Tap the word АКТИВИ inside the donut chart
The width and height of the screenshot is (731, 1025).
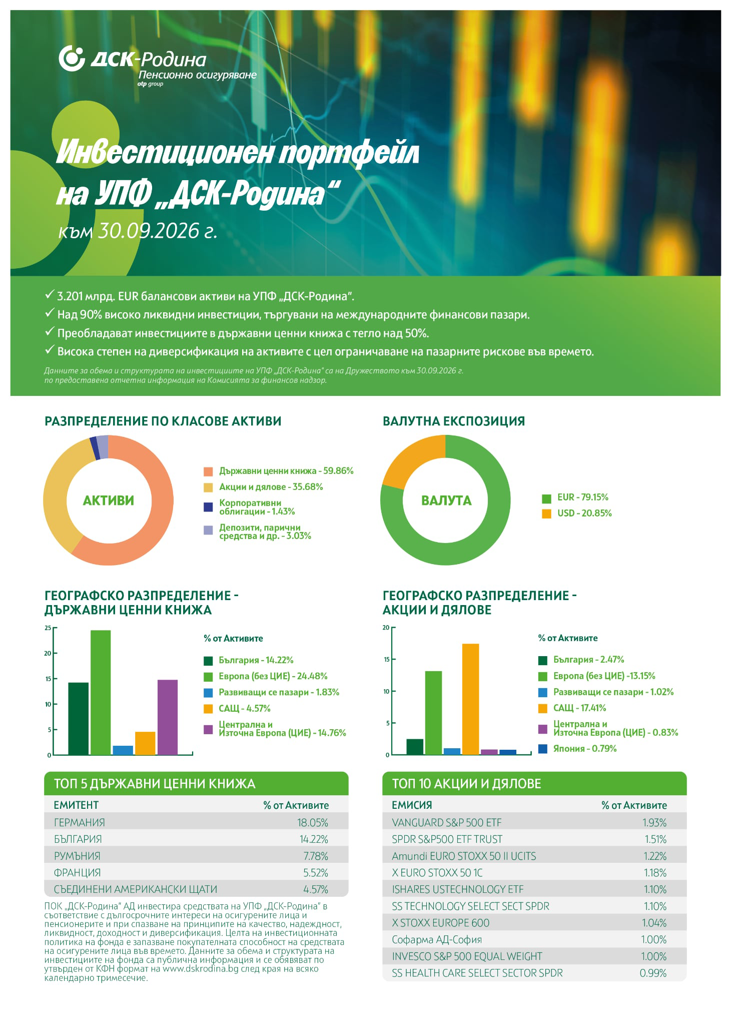pyautogui.click(x=109, y=500)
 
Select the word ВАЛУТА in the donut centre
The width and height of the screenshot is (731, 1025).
pyautogui.click(x=446, y=500)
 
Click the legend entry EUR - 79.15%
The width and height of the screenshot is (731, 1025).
pyautogui.click(x=582, y=497)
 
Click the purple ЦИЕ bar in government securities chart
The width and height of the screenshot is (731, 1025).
pyautogui.click(x=167, y=717)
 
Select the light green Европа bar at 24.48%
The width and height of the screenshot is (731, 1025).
pyautogui.click(x=101, y=692)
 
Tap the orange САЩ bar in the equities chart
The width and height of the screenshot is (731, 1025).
pyautogui.click(x=470, y=699)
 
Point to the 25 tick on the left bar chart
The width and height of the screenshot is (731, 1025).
pyautogui.click(x=48, y=628)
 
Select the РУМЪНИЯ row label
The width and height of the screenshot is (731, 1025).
pyautogui.click(x=77, y=856)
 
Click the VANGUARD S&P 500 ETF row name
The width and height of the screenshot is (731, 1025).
pyautogui.click(x=446, y=822)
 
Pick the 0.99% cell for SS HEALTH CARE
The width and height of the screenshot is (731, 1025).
pyautogui.click(x=653, y=973)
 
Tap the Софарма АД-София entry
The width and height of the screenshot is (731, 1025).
pyautogui.click(x=437, y=939)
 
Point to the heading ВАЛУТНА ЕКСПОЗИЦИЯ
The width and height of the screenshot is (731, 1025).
pyautogui.click(x=454, y=421)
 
